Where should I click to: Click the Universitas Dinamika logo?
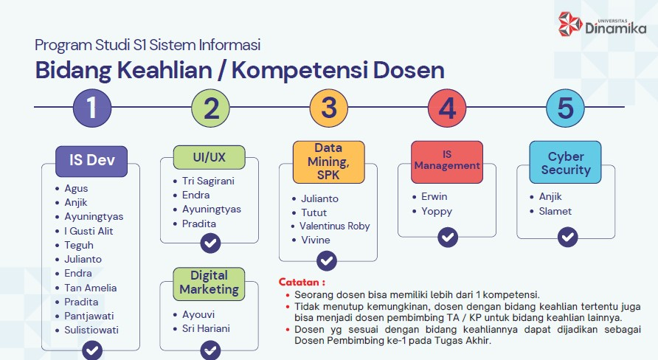click(602, 24)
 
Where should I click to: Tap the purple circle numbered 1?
click(92, 108)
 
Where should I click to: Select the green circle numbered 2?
click(211, 108)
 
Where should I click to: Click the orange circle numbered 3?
click(329, 108)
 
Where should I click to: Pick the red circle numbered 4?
click(447, 108)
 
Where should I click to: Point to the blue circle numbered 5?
click(565, 108)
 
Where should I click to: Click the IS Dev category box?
click(91, 161)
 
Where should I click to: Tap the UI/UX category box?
click(209, 158)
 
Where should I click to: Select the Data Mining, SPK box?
click(328, 162)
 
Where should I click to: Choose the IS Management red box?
click(447, 162)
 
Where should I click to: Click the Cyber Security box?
click(565, 162)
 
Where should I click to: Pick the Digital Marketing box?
click(209, 284)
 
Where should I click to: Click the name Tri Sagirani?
click(208, 181)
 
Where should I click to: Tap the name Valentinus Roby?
click(334, 226)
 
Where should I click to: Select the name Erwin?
click(434, 196)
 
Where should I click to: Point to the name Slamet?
click(555, 211)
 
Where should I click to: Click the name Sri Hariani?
click(206, 328)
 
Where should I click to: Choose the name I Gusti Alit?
click(89, 231)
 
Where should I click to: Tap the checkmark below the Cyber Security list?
click(568, 238)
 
